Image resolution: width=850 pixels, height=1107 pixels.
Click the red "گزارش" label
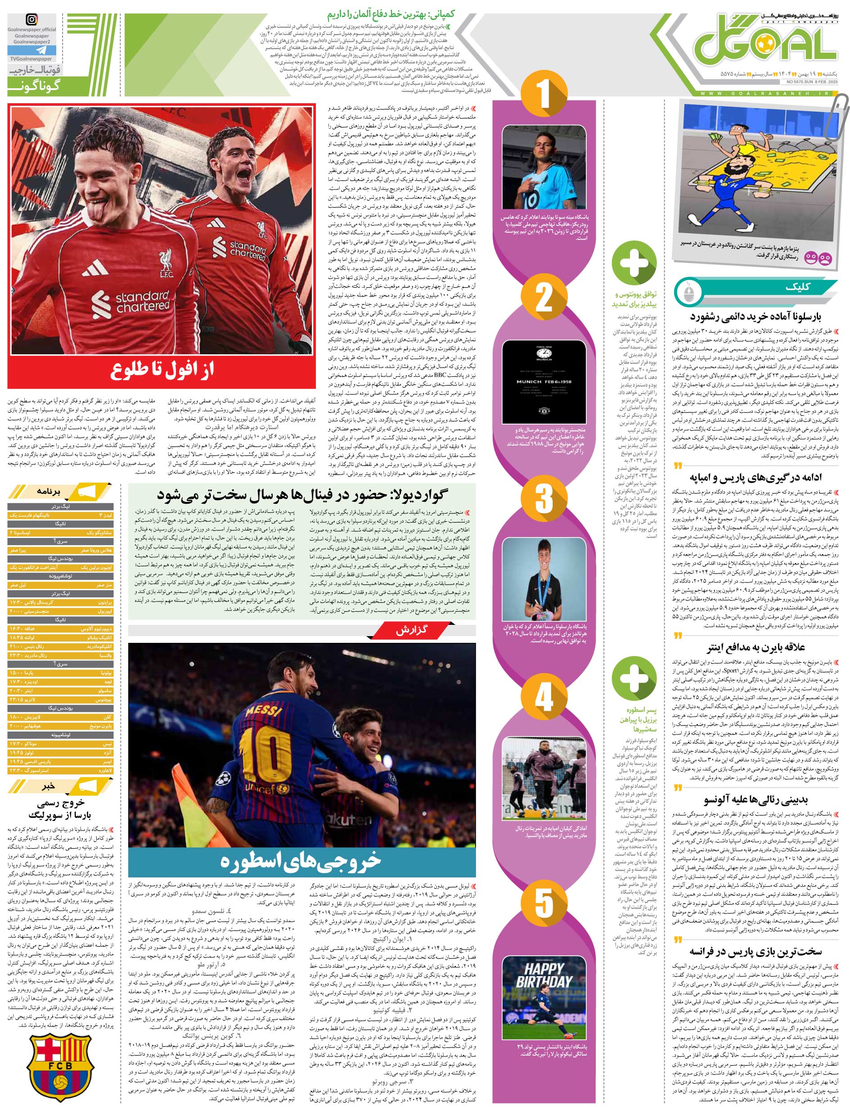click(x=412, y=631)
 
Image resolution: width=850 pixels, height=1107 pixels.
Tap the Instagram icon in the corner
click(x=31, y=20)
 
